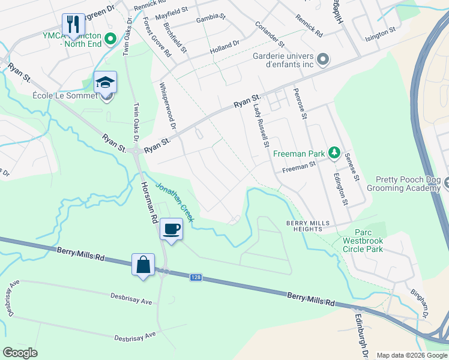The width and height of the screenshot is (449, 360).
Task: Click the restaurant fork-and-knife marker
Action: click(73, 25)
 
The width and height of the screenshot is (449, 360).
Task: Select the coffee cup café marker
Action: click(171, 229)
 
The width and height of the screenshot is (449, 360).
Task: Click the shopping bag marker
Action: click(143, 264)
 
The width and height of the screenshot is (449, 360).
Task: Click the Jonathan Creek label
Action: click(175, 202)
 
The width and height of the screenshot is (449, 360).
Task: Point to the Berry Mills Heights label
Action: click(308, 226)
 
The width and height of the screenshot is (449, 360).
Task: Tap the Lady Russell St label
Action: click(260, 125)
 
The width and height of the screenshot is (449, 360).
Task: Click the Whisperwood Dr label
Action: click(167, 106)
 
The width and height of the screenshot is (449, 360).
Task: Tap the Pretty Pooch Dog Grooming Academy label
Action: click(408, 184)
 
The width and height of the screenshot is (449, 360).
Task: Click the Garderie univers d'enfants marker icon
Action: click(323, 59)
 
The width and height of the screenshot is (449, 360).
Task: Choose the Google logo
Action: click(20, 353)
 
